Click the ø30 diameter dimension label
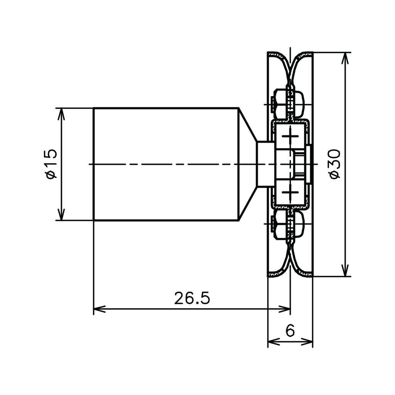pyautogui.click(x=335, y=164)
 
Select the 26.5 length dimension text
pyautogui.click(x=192, y=298)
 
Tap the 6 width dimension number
pyautogui.click(x=290, y=330)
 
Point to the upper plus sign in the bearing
pyautogui.click(x=290, y=136)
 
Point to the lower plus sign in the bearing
pyautogui.click(x=290, y=192)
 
